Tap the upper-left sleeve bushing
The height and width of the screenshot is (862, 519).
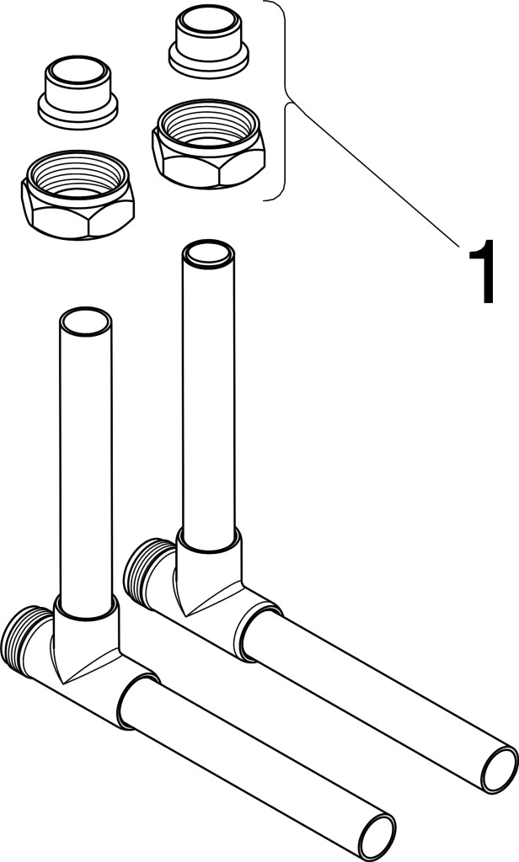click(78, 92)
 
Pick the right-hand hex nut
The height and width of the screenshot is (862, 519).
click(209, 143)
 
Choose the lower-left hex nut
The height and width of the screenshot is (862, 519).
click(78, 194)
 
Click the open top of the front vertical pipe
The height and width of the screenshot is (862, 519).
click(85, 322)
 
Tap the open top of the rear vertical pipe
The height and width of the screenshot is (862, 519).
click(209, 255)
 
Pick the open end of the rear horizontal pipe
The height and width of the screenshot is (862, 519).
click(499, 769)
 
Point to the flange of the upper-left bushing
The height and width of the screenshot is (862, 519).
click(78, 112)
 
